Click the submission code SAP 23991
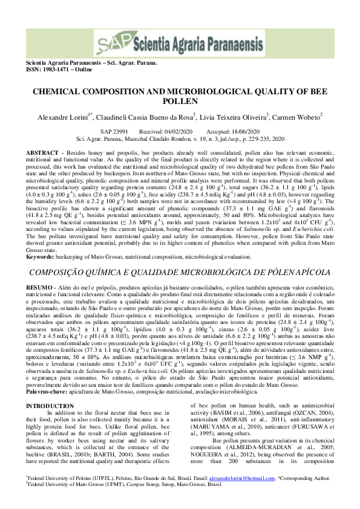click(x=113, y=131)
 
